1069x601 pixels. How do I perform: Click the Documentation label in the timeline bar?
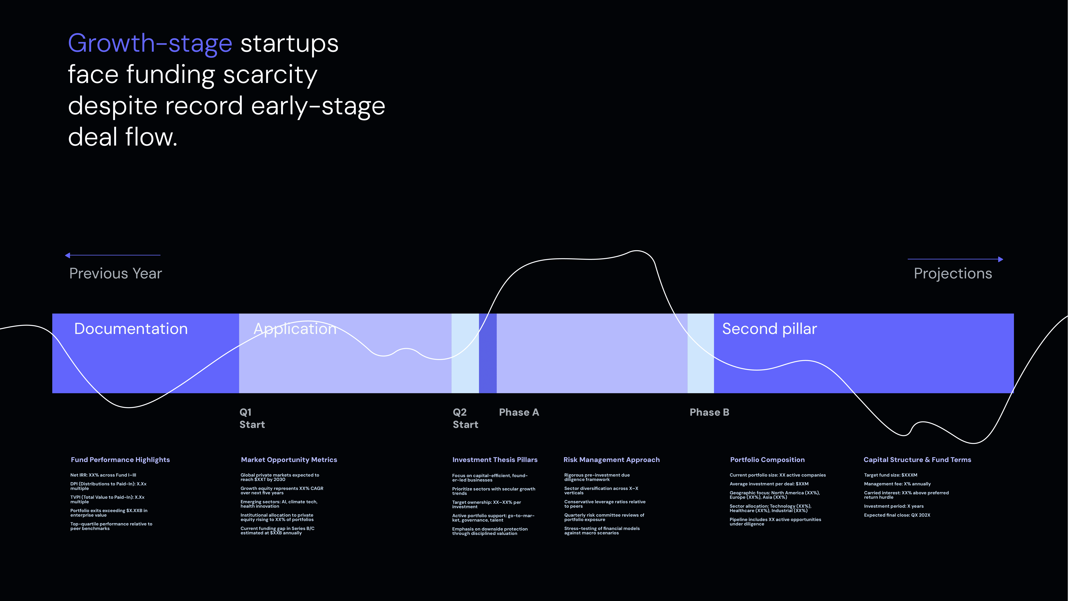tap(131, 329)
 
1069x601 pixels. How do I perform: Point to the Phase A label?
tap(519, 412)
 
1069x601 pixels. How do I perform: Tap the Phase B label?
tap(709, 412)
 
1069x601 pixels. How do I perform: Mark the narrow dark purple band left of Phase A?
tap(488, 353)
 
